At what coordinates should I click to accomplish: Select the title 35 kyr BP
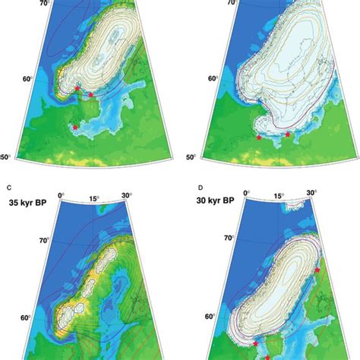pos(29,204)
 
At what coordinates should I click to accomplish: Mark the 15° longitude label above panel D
pos(279,196)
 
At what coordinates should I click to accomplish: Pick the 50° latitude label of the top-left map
pos(6,156)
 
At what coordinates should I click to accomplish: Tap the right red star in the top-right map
pos(288,134)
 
